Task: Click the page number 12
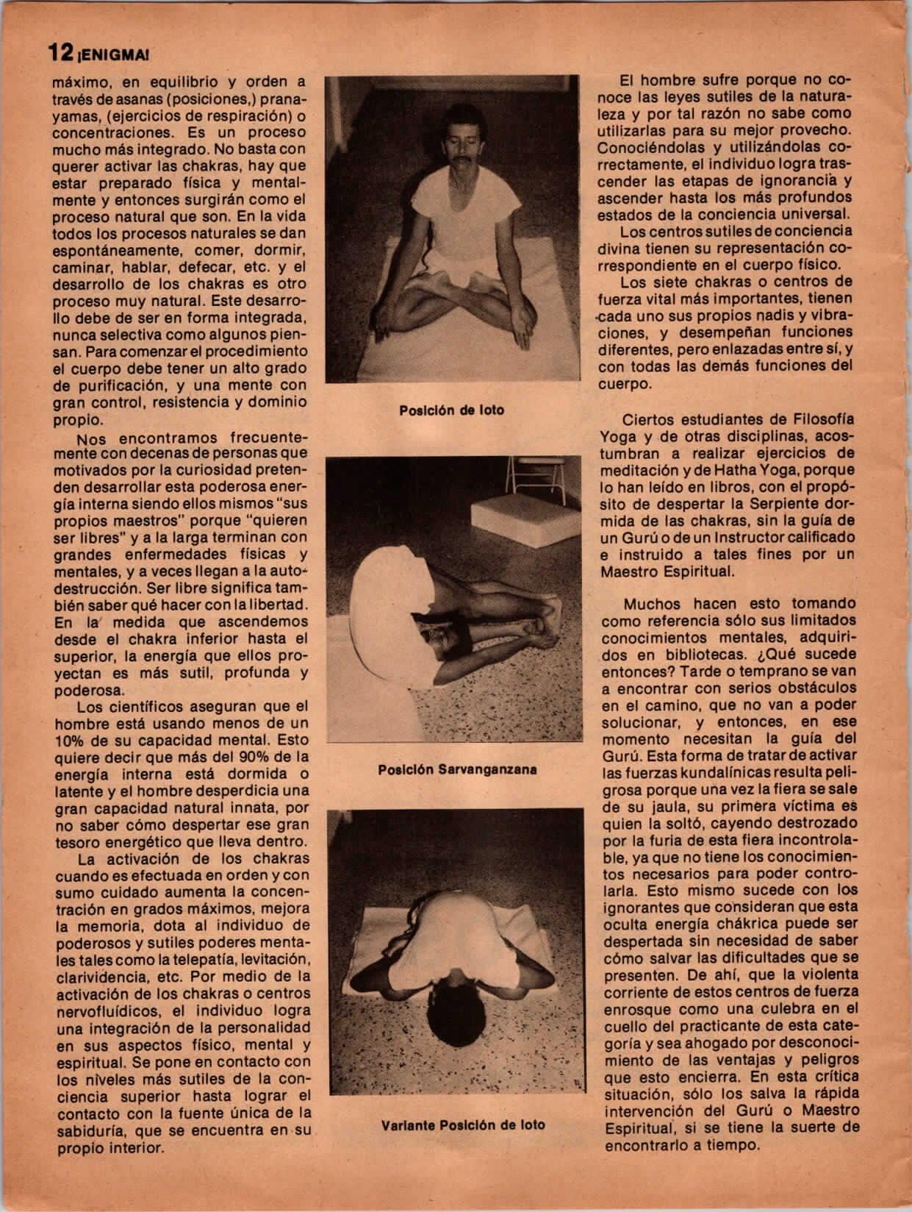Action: (x=60, y=52)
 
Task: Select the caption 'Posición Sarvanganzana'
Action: (x=457, y=770)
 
